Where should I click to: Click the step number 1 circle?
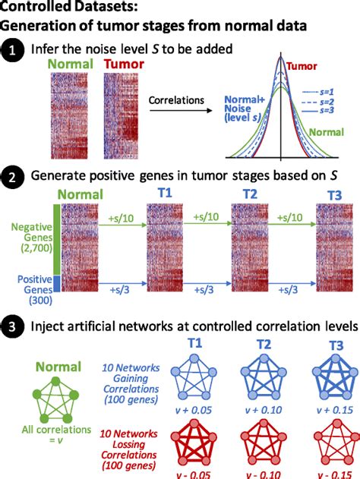pos(12,53)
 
